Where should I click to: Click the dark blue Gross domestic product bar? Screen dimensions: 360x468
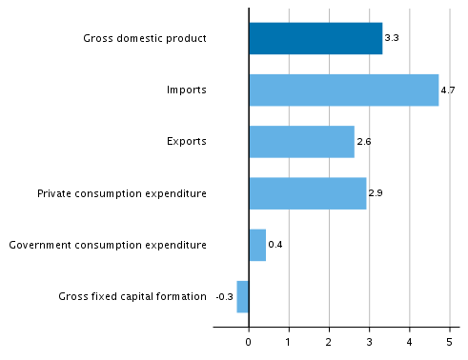[x=315, y=39]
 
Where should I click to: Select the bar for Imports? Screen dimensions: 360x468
[x=343, y=90]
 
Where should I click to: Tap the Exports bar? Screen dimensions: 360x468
[x=301, y=142]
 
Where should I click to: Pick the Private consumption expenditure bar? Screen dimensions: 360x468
[x=307, y=193]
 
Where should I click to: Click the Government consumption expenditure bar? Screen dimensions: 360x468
[x=257, y=245]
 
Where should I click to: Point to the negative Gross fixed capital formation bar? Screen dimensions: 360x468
[x=243, y=296]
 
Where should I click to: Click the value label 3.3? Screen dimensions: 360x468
[x=390, y=39]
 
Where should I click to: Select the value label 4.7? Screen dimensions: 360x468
[x=447, y=90]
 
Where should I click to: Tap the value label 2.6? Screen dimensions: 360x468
[x=363, y=142]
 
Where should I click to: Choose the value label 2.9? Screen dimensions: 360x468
[x=375, y=193]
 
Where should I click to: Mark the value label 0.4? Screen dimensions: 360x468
[x=275, y=245]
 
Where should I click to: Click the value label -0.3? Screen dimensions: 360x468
[x=225, y=296]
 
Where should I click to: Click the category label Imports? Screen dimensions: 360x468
[x=187, y=90]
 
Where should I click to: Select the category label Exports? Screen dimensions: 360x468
[x=187, y=142]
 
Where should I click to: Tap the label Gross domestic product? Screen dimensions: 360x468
[x=145, y=39]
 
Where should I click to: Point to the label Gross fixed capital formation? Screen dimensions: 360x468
[x=132, y=296]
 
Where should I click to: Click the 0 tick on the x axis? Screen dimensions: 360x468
[x=249, y=341]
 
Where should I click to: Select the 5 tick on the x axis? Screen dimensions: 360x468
[x=450, y=341]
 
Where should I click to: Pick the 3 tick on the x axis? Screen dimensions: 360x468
[x=370, y=341]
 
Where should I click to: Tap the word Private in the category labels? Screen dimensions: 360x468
[x=54, y=193]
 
